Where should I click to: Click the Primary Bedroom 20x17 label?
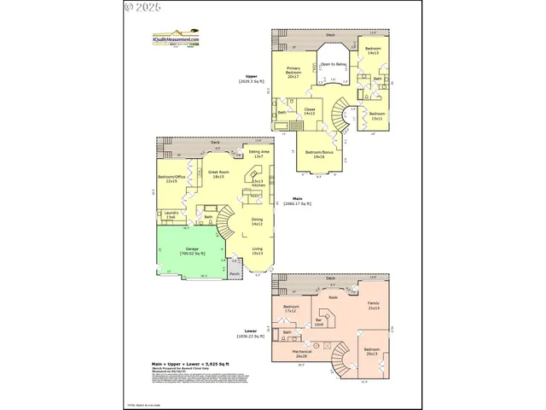point(293,71)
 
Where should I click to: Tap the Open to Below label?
point(333,64)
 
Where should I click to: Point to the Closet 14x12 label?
point(310,111)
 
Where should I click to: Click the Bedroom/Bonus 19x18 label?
point(319,155)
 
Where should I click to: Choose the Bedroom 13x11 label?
point(376,115)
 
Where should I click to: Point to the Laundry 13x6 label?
point(170,215)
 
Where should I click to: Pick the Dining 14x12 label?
point(257,222)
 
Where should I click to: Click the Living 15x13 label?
point(257,251)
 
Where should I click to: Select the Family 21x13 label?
point(373,305)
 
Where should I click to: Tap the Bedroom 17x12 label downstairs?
point(291,308)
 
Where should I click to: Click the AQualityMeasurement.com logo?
point(176,38)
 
